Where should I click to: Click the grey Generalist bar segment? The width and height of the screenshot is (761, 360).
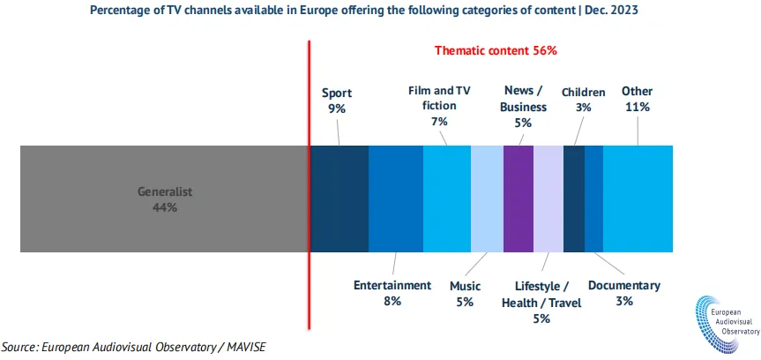click(164, 199)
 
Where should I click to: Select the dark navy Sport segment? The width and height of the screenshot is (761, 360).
click(339, 199)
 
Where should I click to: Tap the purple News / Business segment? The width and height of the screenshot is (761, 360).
click(519, 199)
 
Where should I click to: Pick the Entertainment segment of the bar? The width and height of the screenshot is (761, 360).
click(395, 199)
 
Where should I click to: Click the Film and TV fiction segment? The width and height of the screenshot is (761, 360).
click(447, 199)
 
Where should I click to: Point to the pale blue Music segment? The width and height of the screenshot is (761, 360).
click(487, 199)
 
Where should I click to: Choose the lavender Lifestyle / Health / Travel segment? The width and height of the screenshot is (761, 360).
click(548, 199)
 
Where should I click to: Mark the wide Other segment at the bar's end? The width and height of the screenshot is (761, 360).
click(638, 199)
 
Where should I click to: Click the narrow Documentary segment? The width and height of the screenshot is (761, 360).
click(593, 199)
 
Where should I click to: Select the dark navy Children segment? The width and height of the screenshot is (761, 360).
click(573, 199)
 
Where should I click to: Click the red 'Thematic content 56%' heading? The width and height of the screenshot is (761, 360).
click(496, 50)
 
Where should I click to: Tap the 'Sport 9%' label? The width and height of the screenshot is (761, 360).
click(336, 100)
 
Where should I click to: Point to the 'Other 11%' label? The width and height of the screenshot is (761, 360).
click(637, 99)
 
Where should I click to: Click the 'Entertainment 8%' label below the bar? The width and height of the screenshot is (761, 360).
click(392, 293)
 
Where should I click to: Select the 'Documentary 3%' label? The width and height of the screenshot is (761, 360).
click(623, 293)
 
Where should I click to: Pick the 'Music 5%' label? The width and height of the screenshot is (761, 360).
click(465, 293)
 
